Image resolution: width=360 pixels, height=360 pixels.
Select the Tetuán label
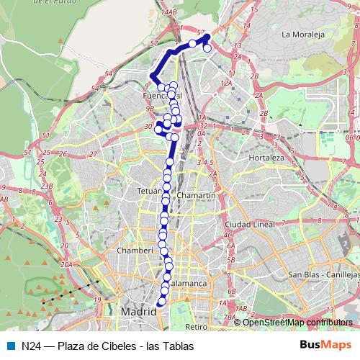(x=148, y=191)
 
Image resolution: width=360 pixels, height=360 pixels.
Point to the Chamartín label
(x=196, y=196)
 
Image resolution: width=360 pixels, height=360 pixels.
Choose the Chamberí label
(x=139, y=251)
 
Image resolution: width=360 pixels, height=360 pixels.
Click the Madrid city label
(x=138, y=312)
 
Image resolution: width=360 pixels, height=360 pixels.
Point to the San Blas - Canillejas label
(x=322, y=275)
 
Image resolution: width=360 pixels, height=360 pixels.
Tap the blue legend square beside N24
(x=12, y=346)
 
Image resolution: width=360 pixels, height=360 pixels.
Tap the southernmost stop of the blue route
(x=161, y=303)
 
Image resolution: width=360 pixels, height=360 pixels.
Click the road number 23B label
(x=47, y=186)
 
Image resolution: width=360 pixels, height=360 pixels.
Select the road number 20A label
(x=66, y=265)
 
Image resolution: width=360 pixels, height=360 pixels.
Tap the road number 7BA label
(x=230, y=317)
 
